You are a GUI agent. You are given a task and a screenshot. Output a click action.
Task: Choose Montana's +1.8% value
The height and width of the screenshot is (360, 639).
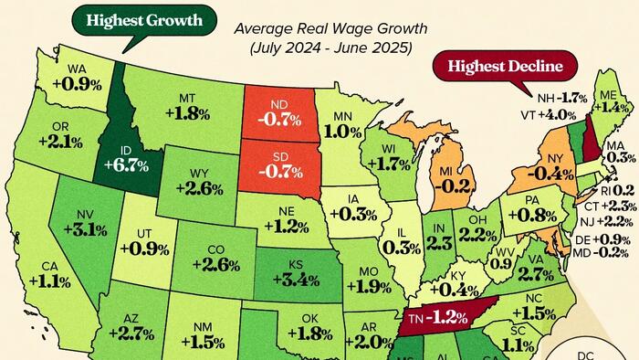[190, 106]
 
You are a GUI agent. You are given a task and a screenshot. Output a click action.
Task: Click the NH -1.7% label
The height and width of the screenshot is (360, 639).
[561, 97]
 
